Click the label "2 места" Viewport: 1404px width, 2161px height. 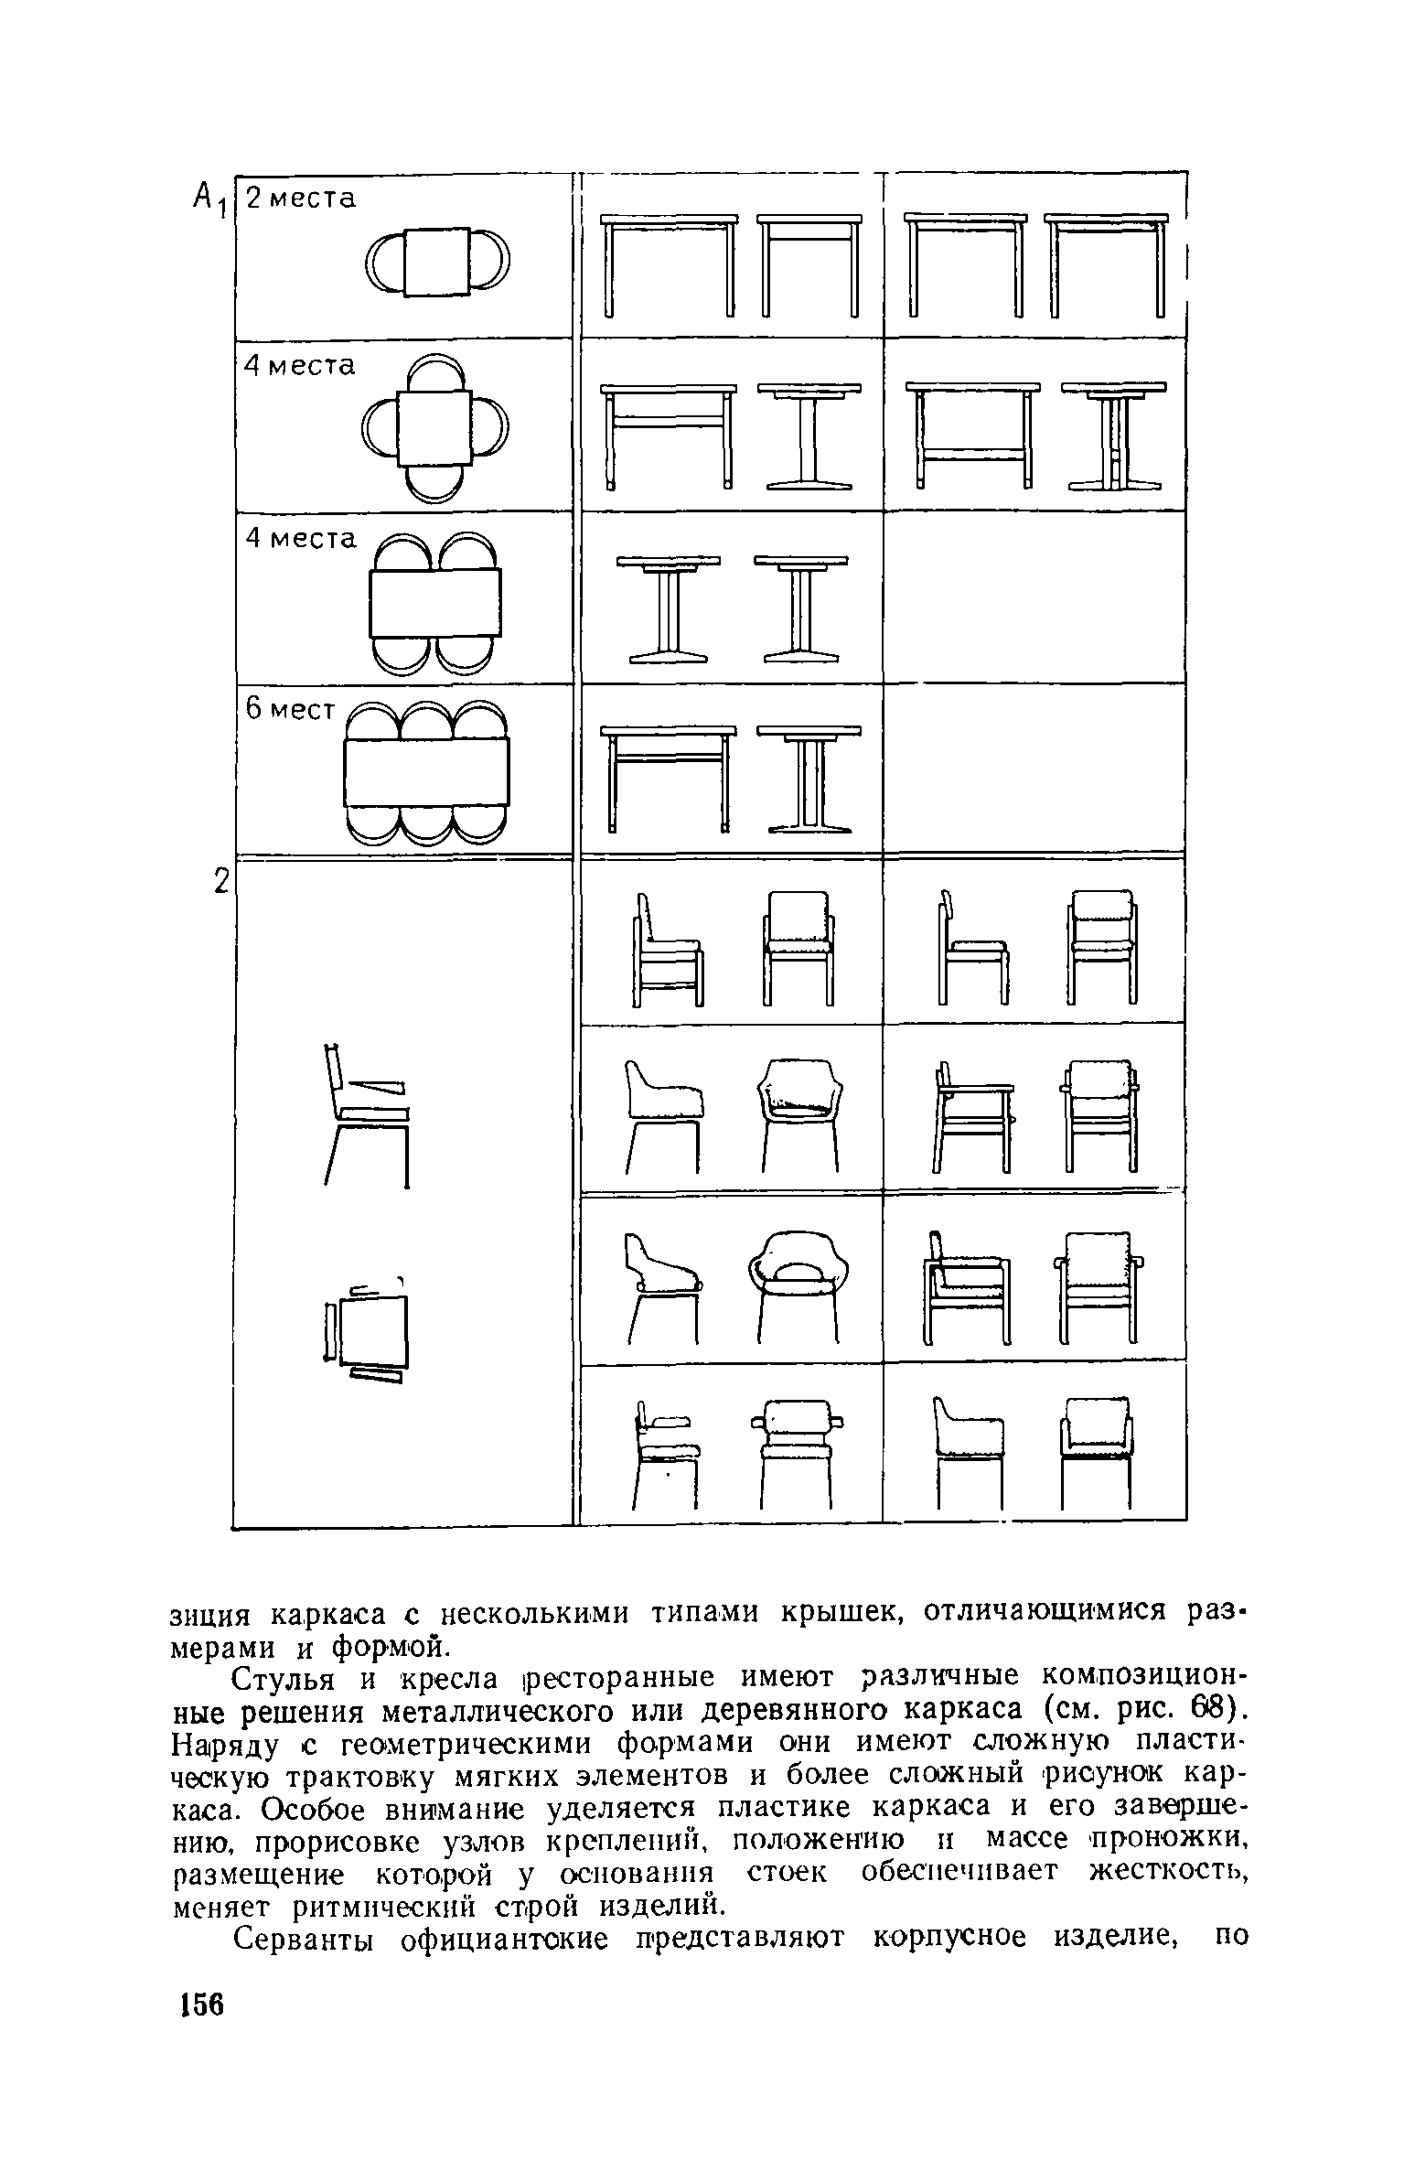click(x=301, y=199)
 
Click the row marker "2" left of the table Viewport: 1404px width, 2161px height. click(x=220, y=882)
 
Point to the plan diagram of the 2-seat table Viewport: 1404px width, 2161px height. click(x=437, y=262)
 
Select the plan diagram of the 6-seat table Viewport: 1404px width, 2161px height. click(x=426, y=771)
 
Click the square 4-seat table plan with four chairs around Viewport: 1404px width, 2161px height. click(x=435, y=427)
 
